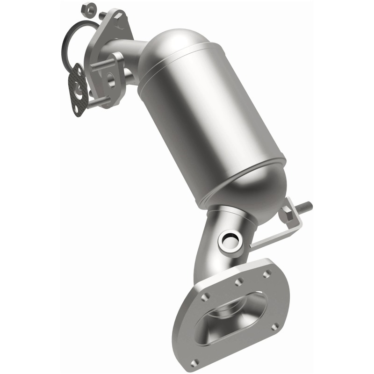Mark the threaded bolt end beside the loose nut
102,15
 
